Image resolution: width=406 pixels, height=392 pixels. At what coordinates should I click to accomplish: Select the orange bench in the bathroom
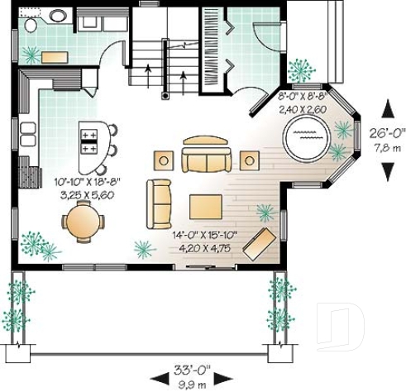point(55,57)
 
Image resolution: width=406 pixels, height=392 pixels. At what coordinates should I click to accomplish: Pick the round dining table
point(82,222)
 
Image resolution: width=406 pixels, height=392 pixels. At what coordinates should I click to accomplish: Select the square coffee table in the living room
point(203,206)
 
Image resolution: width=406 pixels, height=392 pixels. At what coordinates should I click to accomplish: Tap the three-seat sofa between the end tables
point(207,157)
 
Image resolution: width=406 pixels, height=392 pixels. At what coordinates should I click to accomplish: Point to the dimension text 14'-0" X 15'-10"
point(205,235)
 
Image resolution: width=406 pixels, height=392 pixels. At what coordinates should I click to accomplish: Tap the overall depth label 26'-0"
point(387,133)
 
